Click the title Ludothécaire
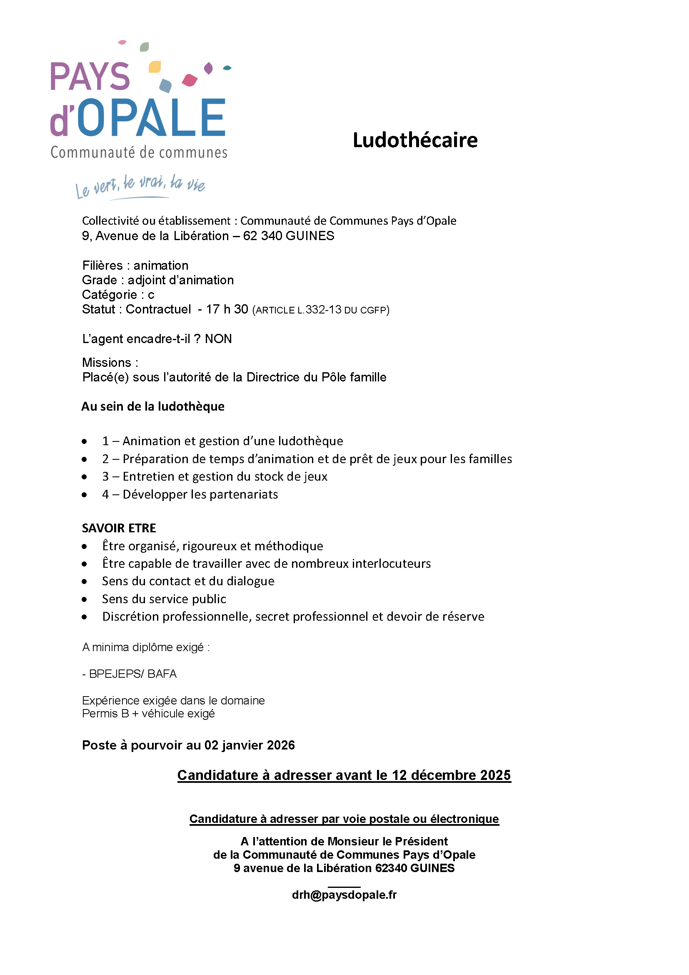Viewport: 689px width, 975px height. pyautogui.click(x=415, y=140)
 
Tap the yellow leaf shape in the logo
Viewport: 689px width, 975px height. pyautogui.click(x=155, y=67)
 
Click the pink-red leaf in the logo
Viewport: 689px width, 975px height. pyautogui.click(x=190, y=80)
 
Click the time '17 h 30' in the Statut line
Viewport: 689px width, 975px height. pyautogui.click(x=227, y=309)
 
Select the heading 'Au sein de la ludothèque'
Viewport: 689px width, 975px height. pyautogui.click(x=153, y=406)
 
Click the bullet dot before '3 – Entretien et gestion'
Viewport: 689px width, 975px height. pyautogui.click(x=85, y=477)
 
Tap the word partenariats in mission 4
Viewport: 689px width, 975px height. pyautogui.click(x=244, y=494)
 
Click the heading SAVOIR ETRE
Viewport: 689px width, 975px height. pyautogui.click(x=119, y=528)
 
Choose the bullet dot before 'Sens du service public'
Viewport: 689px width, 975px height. pyautogui.click(x=85, y=599)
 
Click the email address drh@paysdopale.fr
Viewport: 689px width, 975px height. pyautogui.click(x=344, y=895)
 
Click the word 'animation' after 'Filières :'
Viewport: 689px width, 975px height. pyautogui.click(x=161, y=266)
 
